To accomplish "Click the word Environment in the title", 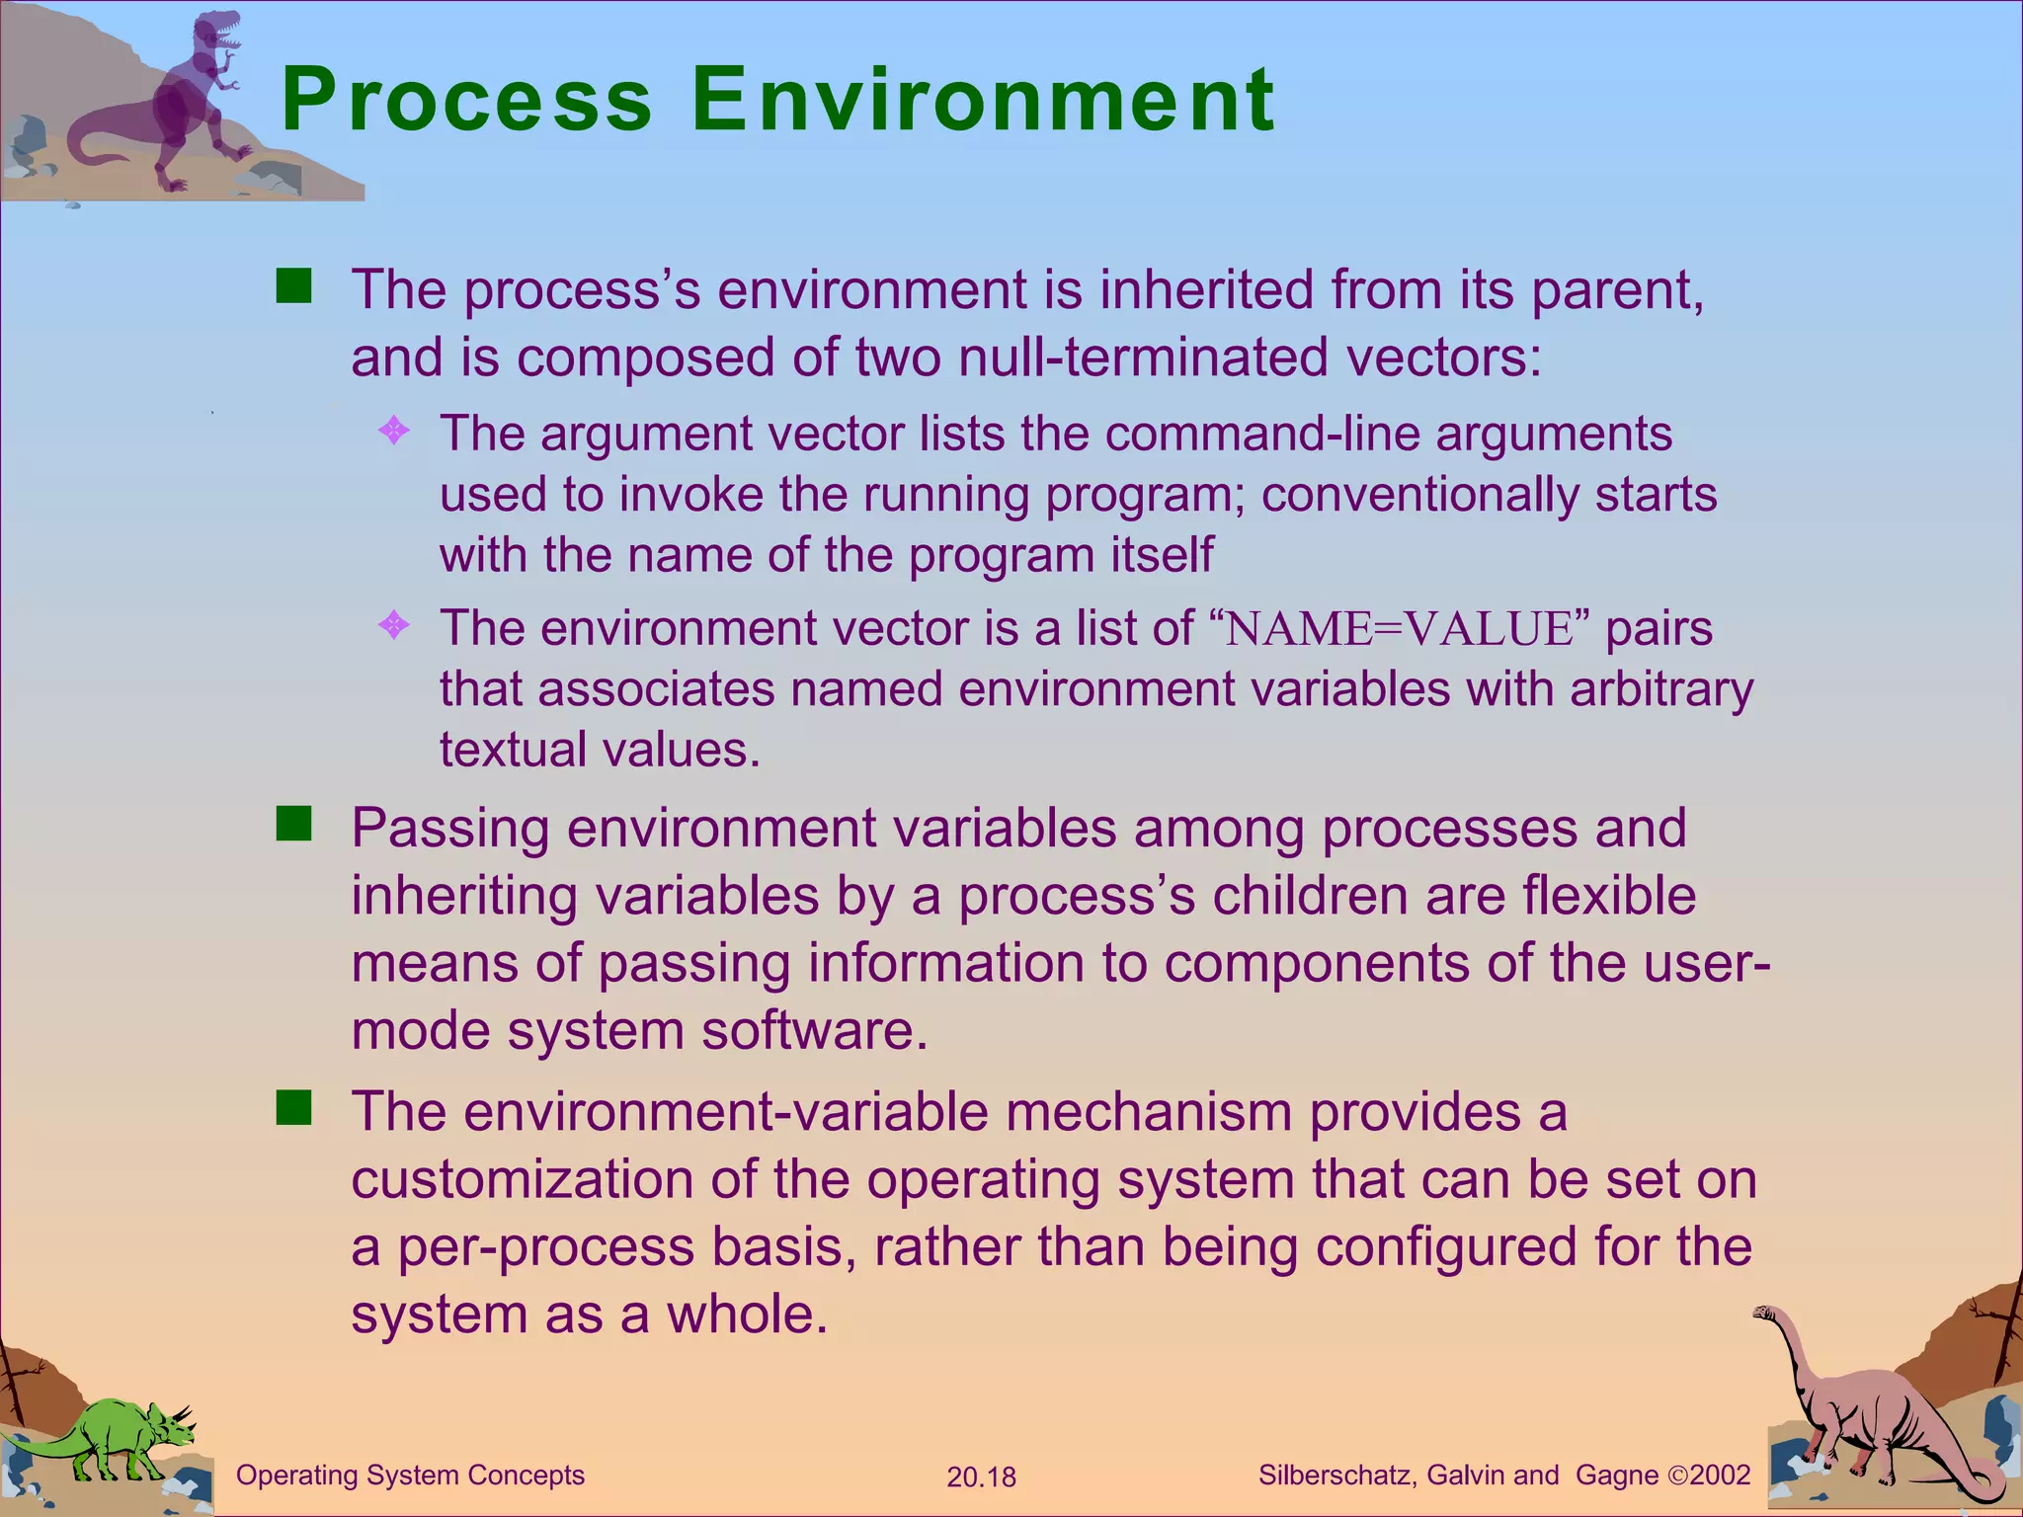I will pos(982,101).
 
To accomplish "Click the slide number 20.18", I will pos(981,1477).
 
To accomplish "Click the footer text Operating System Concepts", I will pos(410,1476).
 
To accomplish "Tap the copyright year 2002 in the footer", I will pos(1720,1476).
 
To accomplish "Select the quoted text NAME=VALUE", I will pos(1399,629).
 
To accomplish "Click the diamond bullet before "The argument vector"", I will pos(394,430).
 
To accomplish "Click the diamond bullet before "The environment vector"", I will pos(394,625).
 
